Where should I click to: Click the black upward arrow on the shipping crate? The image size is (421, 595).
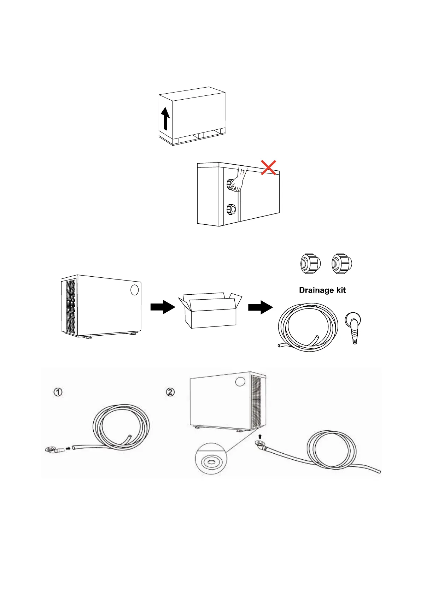click(165, 119)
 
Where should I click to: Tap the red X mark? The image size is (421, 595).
click(269, 167)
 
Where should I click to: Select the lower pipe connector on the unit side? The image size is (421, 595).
click(231, 209)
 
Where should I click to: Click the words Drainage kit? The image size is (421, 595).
click(322, 290)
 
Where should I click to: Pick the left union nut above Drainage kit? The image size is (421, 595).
click(310, 264)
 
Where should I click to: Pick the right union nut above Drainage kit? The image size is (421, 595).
click(342, 264)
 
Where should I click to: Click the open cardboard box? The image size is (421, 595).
click(210, 310)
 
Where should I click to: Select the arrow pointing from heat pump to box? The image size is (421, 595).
click(163, 307)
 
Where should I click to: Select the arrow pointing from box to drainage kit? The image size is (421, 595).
click(260, 307)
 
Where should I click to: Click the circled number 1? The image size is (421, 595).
click(58, 392)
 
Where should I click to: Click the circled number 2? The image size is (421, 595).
click(170, 392)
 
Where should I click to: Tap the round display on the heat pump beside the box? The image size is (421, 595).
click(134, 290)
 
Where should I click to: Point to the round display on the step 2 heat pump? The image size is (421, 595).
click(240, 382)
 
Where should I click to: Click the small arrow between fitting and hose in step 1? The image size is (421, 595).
click(68, 448)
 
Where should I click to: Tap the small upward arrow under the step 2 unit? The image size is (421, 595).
click(260, 437)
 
